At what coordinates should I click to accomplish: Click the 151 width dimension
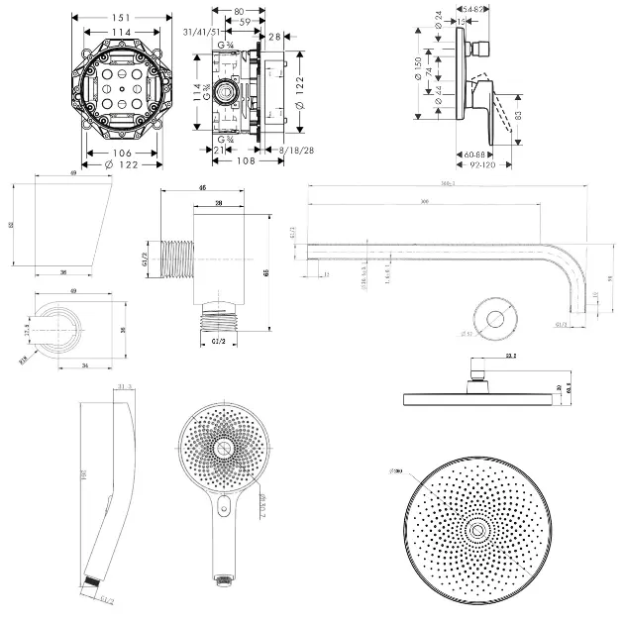pos(120,17)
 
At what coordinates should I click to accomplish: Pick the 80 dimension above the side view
pos(238,13)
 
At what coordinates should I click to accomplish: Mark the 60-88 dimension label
pos(472,155)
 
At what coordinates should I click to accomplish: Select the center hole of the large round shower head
pos(479,532)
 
